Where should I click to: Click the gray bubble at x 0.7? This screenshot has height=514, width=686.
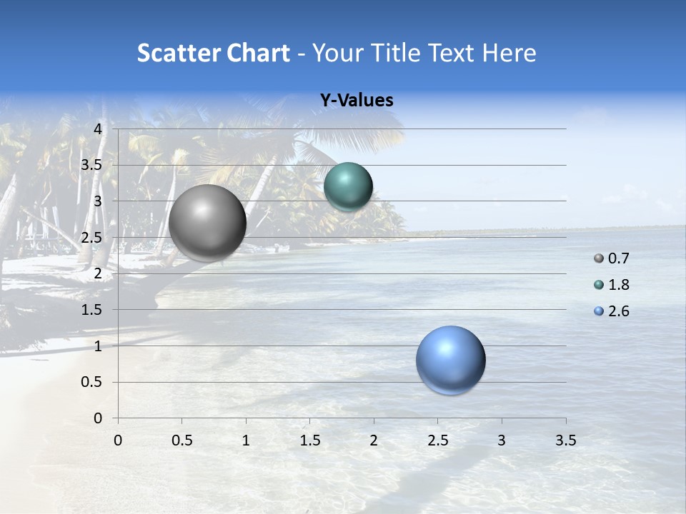coord(207,223)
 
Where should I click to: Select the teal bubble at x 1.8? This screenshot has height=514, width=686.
coord(348,187)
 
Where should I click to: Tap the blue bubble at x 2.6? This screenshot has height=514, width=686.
coord(450,360)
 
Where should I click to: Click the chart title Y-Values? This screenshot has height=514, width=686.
coord(357,101)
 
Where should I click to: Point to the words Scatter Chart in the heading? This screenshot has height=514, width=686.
coord(214,53)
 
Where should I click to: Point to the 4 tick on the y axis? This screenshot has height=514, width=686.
coord(99,129)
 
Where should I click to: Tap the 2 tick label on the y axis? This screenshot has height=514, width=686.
coord(99,273)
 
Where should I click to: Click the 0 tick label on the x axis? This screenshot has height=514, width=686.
coord(118,440)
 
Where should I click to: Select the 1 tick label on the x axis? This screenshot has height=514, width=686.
coord(246,440)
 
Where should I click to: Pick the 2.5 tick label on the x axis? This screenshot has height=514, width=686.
coord(438,440)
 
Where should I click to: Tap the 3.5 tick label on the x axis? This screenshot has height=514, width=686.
coord(566,440)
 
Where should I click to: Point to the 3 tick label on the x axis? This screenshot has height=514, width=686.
coord(502,440)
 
